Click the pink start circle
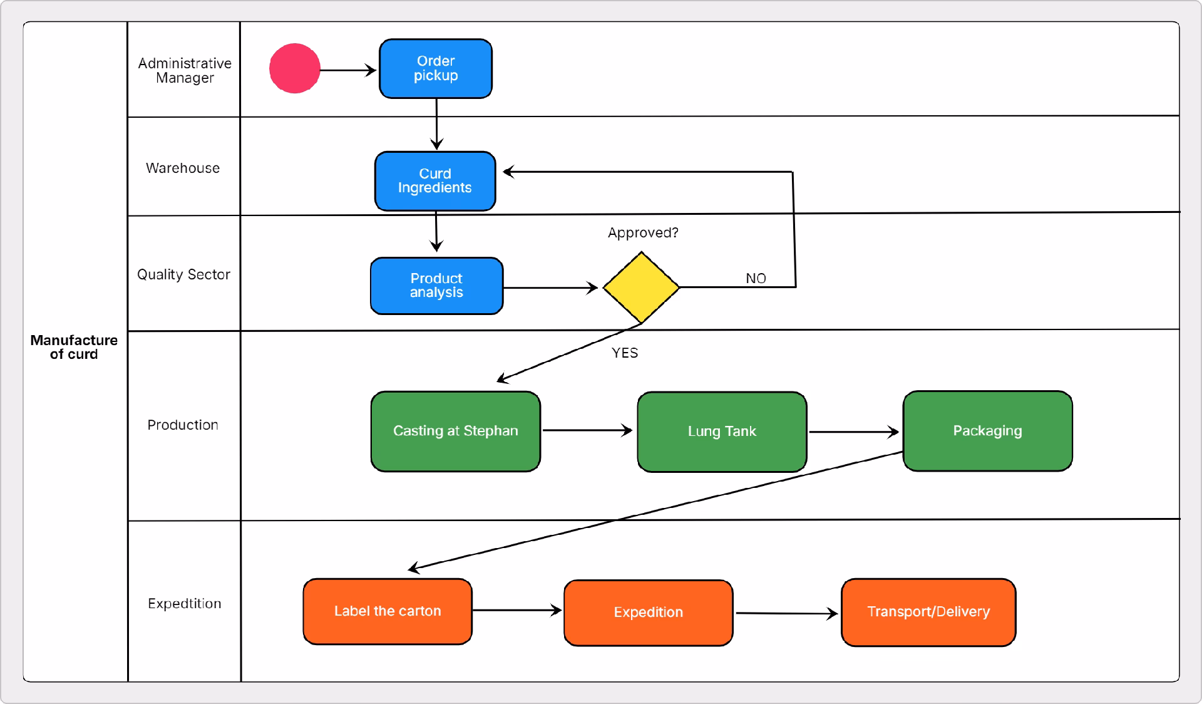(295, 69)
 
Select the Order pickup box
(436, 69)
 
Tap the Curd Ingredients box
(435, 181)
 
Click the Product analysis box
(436, 286)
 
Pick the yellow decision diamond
(641, 287)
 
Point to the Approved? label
(643, 233)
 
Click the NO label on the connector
(756, 278)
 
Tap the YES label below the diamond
(625, 353)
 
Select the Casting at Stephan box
(455, 431)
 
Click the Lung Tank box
(722, 432)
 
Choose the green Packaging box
(987, 431)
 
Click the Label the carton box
(388, 611)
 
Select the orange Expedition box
(648, 613)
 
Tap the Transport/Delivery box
(928, 612)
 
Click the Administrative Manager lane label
(185, 71)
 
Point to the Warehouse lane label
(183, 168)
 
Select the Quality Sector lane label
(183, 274)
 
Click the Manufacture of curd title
(74, 347)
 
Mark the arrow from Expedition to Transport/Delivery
(786, 613)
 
